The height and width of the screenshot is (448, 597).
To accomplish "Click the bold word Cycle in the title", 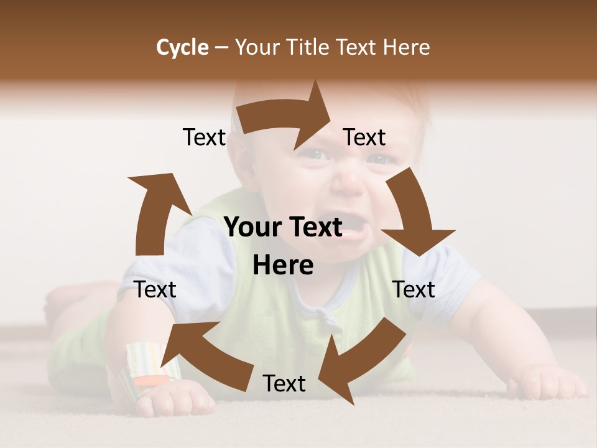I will (182, 47).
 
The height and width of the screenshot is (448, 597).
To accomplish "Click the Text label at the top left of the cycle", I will (204, 138).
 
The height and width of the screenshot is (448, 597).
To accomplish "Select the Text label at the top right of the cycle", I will (364, 138).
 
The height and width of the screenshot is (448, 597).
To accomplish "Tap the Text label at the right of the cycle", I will (414, 289).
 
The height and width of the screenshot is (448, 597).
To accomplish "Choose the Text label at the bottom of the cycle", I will (284, 384).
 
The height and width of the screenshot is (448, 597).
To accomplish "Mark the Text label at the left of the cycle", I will (155, 289).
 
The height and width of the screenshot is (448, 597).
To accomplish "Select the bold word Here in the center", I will (283, 266).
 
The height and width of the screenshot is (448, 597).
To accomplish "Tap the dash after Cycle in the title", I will (221, 47).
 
